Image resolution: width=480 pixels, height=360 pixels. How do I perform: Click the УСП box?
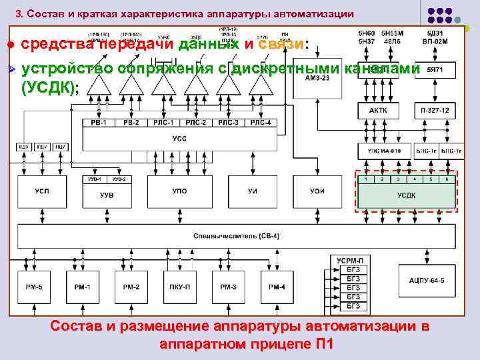pos(41,192)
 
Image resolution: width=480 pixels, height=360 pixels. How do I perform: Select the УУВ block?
pos(107,195)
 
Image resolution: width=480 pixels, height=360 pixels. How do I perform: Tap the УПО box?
pos(179,192)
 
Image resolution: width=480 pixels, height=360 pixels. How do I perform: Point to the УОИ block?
pos(317,192)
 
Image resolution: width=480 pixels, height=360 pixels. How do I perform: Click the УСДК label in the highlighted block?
pos(406,195)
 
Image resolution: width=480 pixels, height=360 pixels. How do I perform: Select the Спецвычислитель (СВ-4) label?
pos(236,236)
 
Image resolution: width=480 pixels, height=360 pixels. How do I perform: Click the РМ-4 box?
pos(276,287)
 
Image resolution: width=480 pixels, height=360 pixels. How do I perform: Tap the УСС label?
pos(179,139)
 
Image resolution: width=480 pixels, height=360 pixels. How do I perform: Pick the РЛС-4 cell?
pos(262,123)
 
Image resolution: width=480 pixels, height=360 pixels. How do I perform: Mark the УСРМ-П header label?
pos(350,259)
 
